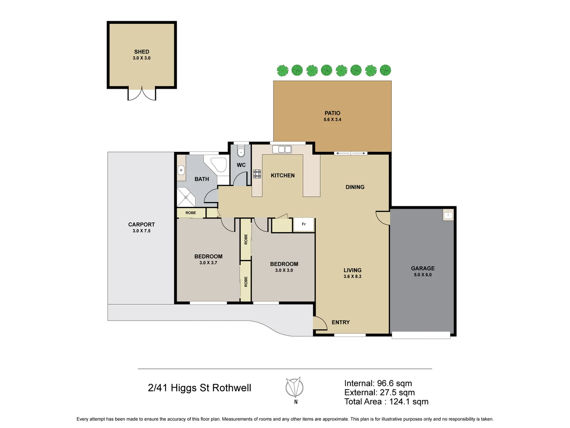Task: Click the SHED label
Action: tap(142, 52)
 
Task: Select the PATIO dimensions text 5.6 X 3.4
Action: tap(332, 119)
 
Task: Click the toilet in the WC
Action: tap(241, 151)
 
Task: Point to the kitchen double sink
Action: tap(282, 149)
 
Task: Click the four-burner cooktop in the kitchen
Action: tap(257, 174)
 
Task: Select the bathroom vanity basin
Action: tap(181, 170)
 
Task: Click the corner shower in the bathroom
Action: tap(185, 197)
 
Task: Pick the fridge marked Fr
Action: tap(304, 224)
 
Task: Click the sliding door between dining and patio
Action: tap(351, 153)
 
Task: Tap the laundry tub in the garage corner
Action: tap(448, 215)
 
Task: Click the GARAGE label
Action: tap(423, 268)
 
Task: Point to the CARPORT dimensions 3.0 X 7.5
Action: tap(141, 231)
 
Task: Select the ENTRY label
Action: tap(340, 322)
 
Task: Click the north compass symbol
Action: tap(295, 387)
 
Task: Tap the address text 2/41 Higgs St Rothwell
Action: tap(199, 388)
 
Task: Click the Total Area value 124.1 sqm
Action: tap(408, 401)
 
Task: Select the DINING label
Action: tap(355, 187)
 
